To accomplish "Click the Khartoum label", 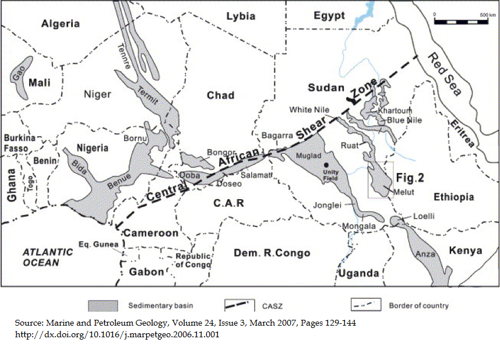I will pos(395,110).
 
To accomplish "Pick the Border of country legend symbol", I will pos(365,305).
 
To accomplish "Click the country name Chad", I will pos(220,95).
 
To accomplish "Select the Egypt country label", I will pos(329,16).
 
